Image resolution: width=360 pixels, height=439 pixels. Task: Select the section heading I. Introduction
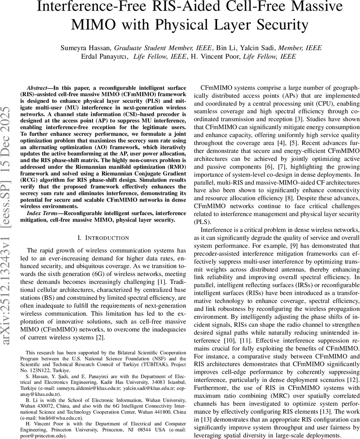(x=103, y=238)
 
